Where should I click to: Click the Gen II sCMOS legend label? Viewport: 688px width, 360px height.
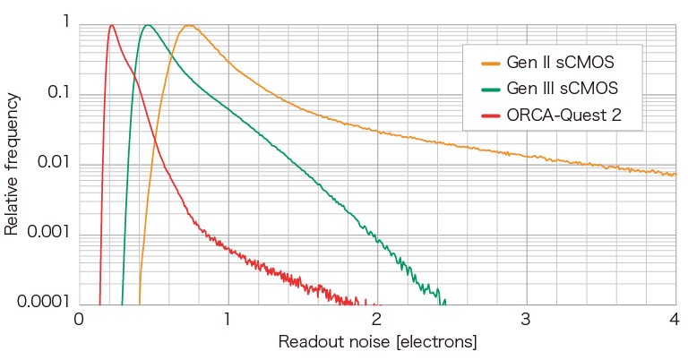(x=562, y=63)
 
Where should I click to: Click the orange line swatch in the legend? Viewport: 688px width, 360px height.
(x=491, y=63)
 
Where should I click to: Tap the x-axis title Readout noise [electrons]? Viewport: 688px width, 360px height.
(x=376, y=342)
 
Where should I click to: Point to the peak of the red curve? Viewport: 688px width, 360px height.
(x=111, y=25)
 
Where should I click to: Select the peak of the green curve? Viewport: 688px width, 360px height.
(x=148, y=25)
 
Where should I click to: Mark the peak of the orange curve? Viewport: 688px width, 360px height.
(x=189, y=25)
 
